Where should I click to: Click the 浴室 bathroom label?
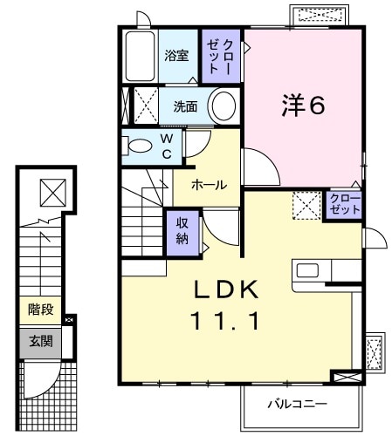click(x=177, y=56)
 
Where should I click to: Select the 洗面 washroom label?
click(x=184, y=107)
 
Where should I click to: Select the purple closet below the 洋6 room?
click(x=343, y=206)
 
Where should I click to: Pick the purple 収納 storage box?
click(x=182, y=229)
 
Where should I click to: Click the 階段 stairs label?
click(x=39, y=309)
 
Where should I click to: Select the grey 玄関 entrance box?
click(x=39, y=341)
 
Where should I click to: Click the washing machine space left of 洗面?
click(x=140, y=106)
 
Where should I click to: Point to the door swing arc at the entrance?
click(x=44, y=384)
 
